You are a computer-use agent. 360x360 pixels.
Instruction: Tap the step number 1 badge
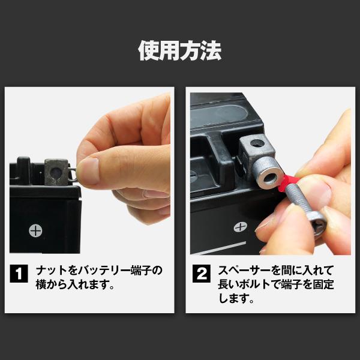coord(20,275)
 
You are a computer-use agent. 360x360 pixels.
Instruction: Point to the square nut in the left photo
coord(57,173)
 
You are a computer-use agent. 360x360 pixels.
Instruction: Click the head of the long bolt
coord(316,225)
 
